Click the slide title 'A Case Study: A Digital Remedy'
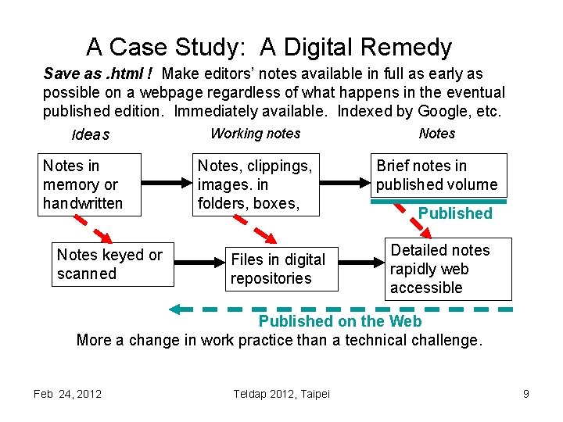coord(269,48)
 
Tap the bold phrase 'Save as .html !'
coord(99,74)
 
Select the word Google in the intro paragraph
coord(448,111)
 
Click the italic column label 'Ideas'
coord(91,135)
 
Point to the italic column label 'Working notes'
coord(255,134)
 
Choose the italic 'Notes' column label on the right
coord(437,134)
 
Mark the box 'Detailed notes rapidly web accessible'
coord(446,269)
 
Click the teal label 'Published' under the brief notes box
coord(455,213)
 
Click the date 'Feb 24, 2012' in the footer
coord(67,394)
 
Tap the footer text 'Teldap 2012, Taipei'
coord(281,394)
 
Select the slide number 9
coord(526,394)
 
